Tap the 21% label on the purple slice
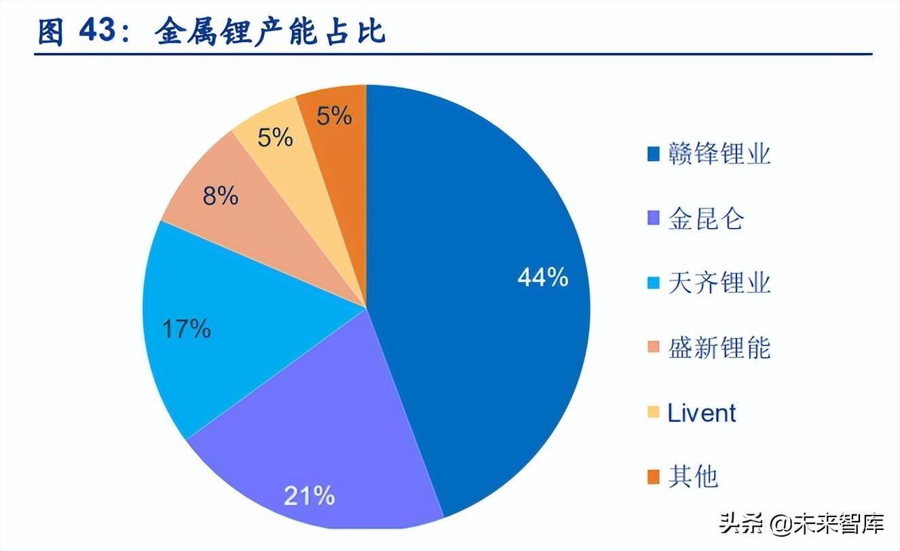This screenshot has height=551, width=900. pos(309,495)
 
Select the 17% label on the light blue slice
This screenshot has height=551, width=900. pos(186,329)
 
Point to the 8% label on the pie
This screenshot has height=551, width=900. pos(220,197)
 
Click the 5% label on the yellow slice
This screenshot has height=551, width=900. pos(275,138)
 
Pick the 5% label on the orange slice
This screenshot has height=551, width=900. pos(334,116)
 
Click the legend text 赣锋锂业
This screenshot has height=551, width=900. pos(719,154)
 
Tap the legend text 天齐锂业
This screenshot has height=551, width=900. pos(719,283)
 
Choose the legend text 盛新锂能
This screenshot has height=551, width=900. pos(719,348)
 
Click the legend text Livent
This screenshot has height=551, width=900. pos(702,413)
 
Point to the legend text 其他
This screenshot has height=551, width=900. pos(693,477)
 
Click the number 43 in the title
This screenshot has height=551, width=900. pos(98,32)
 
